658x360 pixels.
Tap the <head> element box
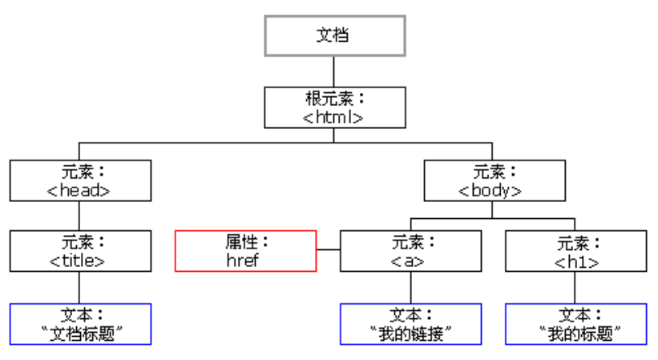(80, 180)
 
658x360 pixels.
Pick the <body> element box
(492, 180)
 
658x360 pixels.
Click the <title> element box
(80, 251)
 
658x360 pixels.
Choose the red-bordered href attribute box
(246, 251)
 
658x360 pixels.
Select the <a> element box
(410, 251)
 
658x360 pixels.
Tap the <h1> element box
(575, 251)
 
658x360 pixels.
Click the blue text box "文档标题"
(80, 324)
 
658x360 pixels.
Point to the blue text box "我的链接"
(410, 324)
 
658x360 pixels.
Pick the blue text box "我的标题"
(575, 324)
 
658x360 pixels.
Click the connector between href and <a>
(329, 251)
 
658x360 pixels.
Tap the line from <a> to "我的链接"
(410, 287)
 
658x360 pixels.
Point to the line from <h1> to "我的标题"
(575, 287)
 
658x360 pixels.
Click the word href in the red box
(244, 261)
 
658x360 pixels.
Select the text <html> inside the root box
(334, 117)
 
